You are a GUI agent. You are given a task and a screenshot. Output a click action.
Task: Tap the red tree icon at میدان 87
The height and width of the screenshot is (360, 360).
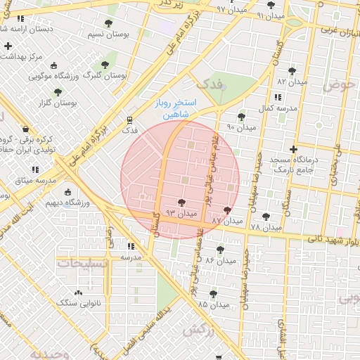click(x=226, y=210)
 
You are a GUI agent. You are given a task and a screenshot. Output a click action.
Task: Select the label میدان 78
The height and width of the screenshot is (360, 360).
click(x=265, y=228)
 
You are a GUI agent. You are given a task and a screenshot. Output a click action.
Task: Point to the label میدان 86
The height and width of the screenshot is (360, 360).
click(x=219, y=261)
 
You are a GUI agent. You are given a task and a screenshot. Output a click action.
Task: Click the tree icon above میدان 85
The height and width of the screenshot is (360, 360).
click(x=213, y=294)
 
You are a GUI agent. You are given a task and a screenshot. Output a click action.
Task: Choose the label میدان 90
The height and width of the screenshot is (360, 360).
click(x=240, y=127)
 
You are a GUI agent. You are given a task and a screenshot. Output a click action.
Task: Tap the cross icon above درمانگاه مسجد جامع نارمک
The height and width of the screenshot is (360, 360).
click(x=293, y=149)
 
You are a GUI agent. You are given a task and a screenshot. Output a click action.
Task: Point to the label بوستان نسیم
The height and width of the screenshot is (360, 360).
click(x=107, y=34)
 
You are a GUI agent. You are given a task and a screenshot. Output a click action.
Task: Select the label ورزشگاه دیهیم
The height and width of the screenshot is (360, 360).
click(x=65, y=202)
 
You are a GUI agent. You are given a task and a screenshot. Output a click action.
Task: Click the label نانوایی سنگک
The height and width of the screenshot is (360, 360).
click(x=78, y=302)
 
